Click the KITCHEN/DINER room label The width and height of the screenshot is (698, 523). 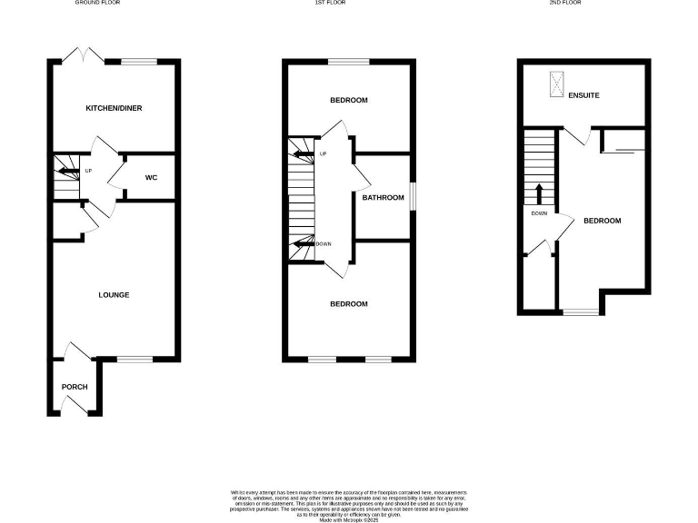114,108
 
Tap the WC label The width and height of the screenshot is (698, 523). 151,177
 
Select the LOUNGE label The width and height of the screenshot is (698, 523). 114,295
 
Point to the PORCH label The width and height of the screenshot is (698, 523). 75,387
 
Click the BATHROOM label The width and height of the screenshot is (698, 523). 383,198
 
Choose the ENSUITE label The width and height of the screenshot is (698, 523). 583,94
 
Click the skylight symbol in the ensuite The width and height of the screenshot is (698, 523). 553,85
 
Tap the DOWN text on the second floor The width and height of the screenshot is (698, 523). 538,214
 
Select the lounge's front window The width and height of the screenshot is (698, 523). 135,360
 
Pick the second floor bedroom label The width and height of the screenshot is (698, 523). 602,221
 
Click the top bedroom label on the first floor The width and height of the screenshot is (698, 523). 349,100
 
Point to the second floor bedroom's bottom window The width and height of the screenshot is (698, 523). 581,312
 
